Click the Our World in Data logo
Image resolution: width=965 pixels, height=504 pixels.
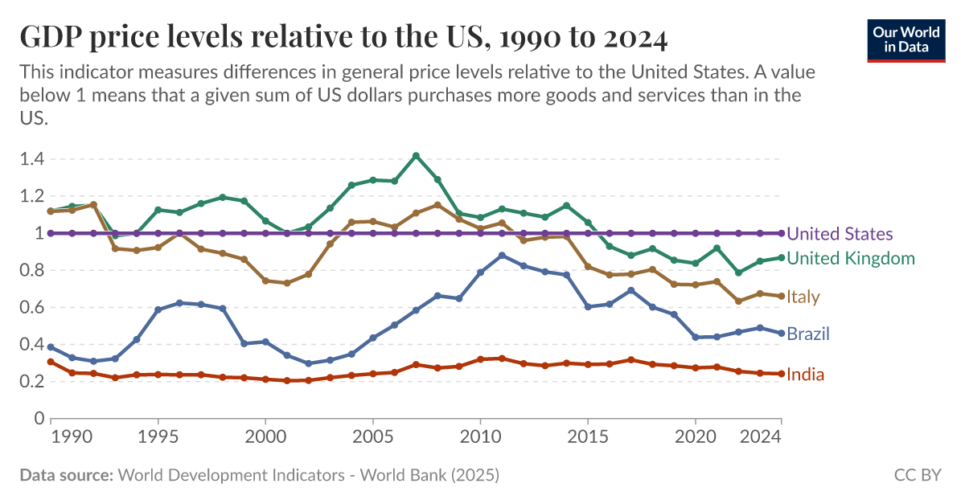click(x=905, y=38)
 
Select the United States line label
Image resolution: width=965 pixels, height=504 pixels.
click(x=839, y=234)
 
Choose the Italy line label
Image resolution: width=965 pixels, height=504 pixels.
click(x=803, y=297)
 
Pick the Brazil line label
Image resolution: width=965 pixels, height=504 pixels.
click(x=808, y=334)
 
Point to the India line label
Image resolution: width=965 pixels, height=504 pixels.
click(x=805, y=375)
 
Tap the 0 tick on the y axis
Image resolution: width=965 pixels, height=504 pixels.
click(x=37, y=418)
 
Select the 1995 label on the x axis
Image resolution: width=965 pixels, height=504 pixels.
click(x=158, y=439)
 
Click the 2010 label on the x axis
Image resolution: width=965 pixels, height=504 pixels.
click(x=480, y=439)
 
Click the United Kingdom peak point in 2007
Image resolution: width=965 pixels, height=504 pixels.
click(x=416, y=155)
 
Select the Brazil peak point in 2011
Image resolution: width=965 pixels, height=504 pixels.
click(x=502, y=256)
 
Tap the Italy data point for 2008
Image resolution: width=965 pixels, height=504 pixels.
click(x=437, y=205)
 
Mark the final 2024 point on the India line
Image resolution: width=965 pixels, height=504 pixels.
click(x=781, y=373)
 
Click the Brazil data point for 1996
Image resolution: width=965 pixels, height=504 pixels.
click(x=179, y=303)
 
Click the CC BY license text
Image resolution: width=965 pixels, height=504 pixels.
click(x=917, y=475)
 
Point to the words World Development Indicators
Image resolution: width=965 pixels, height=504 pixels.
click(x=224, y=475)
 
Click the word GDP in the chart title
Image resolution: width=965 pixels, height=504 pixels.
click(x=50, y=37)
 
